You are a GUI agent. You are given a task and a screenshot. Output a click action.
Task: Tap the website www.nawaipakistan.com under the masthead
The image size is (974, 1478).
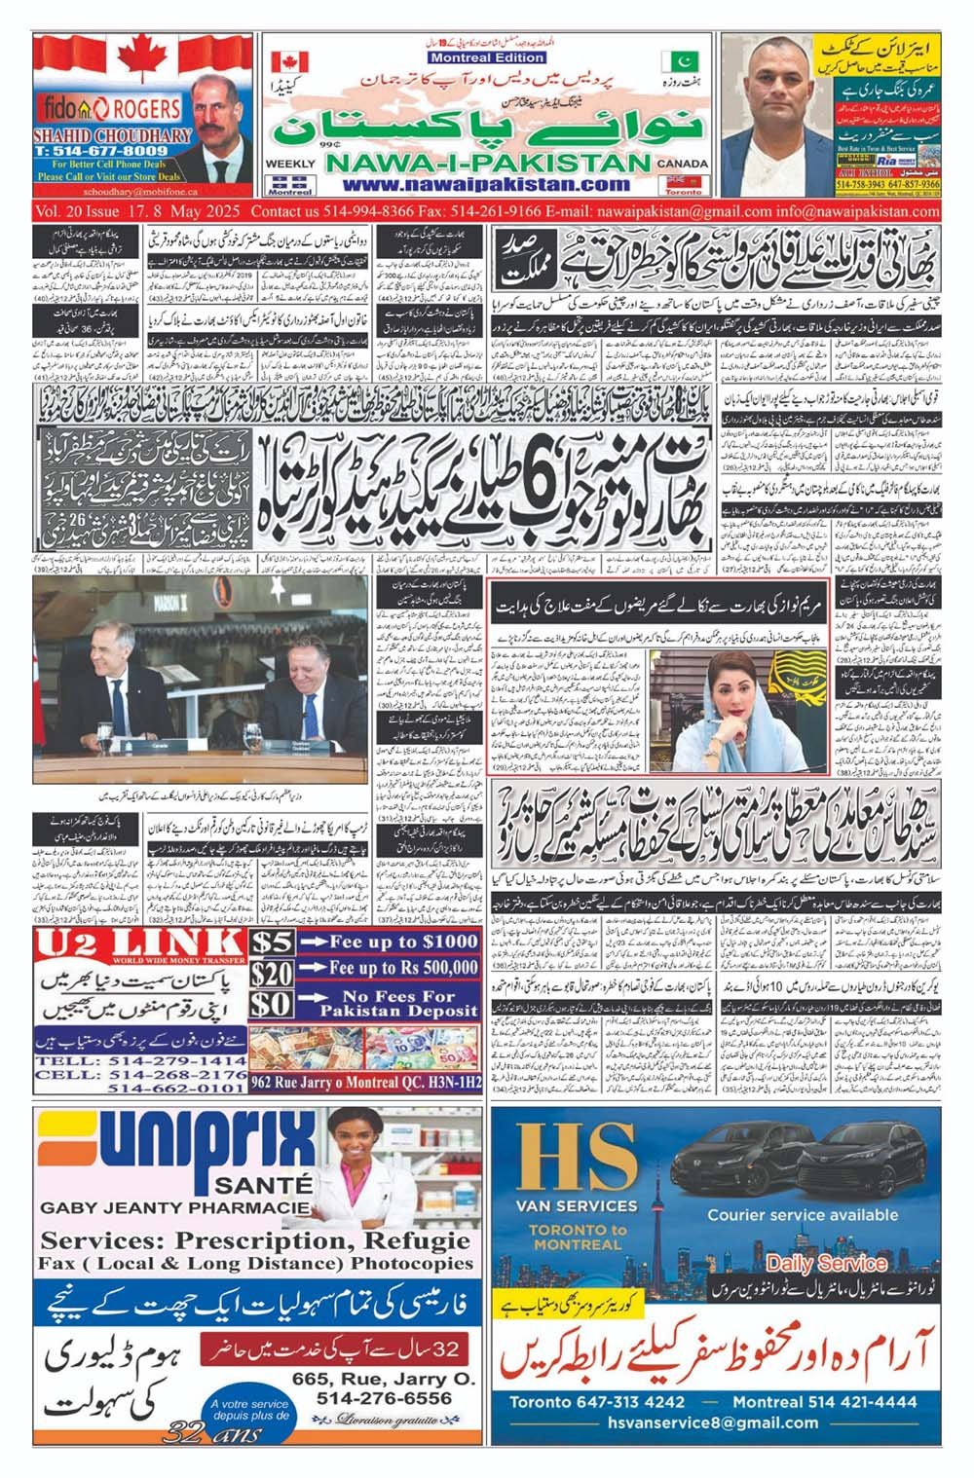pos(486,185)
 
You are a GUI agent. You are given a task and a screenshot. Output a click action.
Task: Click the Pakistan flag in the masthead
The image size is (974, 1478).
pos(680,61)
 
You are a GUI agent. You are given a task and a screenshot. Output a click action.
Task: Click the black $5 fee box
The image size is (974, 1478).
pos(272,942)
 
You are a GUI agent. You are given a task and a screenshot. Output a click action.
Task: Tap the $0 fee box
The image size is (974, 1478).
pos(272,1004)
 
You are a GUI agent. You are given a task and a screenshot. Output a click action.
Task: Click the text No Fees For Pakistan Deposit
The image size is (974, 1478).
pos(398,1004)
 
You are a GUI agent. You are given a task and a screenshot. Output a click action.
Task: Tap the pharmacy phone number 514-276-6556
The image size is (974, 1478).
pos(384,1398)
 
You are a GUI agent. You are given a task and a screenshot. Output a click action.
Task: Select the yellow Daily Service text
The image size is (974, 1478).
pos(827,1263)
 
